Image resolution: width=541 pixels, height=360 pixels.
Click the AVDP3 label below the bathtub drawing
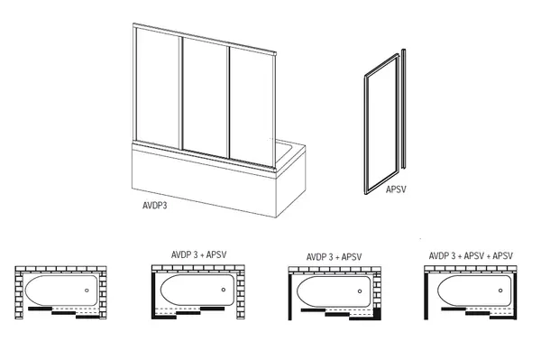click(x=154, y=206)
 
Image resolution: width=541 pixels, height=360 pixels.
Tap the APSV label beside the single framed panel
click(x=396, y=189)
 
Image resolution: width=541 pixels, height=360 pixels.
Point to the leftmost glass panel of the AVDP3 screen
click(x=158, y=88)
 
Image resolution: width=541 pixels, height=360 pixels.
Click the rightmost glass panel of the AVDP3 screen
click(x=252, y=106)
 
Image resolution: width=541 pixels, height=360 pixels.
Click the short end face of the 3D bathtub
click(x=291, y=180)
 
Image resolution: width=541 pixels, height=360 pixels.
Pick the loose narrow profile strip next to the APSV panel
click(x=403, y=109)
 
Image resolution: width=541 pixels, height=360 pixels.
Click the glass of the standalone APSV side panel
click(x=381, y=125)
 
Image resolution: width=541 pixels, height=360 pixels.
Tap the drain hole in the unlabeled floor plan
click(x=87, y=291)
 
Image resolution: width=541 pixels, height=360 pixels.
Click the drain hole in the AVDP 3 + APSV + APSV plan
click(x=500, y=291)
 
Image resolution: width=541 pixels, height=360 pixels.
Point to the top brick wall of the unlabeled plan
click(x=60, y=269)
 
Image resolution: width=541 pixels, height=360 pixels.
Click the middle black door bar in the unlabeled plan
click(x=63, y=313)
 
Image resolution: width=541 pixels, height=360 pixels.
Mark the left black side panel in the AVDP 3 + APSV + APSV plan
click(x=426, y=295)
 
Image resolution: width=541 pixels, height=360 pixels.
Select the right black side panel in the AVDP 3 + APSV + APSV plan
click(x=515, y=295)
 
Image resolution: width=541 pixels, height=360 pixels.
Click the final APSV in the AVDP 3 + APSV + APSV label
click(x=503, y=255)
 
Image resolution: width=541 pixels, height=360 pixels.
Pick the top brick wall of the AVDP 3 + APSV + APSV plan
click(x=471, y=269)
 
